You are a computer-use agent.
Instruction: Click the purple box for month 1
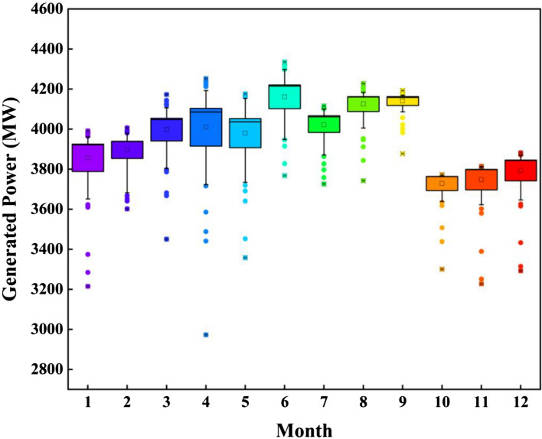pos(89,158)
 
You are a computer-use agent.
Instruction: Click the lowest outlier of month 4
pos(206,335)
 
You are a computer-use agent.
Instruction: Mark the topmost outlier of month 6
pos(285,63)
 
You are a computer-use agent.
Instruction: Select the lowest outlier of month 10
pos(442,269)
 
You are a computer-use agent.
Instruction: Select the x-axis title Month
pos(304,428)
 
